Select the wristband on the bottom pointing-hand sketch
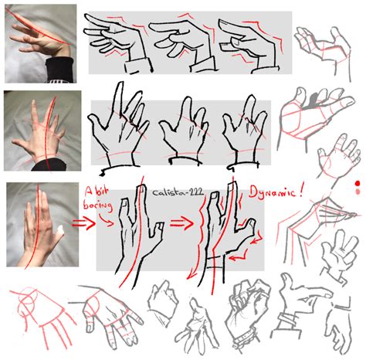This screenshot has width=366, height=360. pos(286,318)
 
